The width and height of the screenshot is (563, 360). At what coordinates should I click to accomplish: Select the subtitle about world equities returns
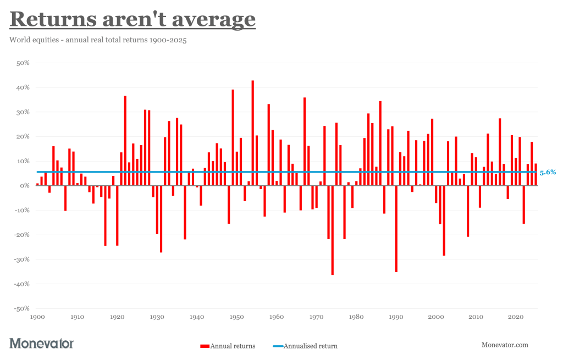[98, 40]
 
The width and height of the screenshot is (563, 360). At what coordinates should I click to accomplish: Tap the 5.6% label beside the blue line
[548, 172]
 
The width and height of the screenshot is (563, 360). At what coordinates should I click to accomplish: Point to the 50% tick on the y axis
[22, 63]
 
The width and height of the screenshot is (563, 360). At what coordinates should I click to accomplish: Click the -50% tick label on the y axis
[21, 308]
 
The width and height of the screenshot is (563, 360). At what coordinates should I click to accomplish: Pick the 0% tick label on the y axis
[24, 186]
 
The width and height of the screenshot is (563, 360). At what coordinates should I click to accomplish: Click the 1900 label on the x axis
[37, 317]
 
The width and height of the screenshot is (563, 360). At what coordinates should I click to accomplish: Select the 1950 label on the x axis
[236, 317]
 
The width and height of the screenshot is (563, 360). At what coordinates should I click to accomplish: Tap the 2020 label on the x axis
[515, 317]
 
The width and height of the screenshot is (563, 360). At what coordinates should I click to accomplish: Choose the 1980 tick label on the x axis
[356, 317]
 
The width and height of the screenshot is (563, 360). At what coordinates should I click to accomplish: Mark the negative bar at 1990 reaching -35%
[396, 229]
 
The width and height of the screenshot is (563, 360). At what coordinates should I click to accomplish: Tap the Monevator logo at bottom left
[42, 344]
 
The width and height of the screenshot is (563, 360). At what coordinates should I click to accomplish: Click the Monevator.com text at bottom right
[505, 345]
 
